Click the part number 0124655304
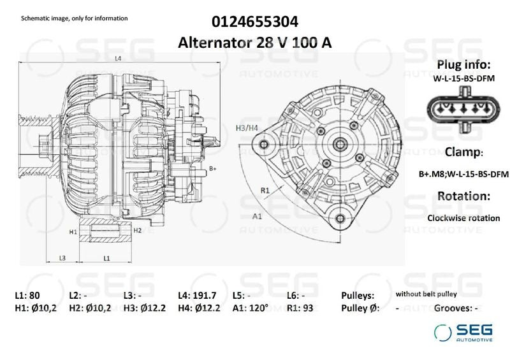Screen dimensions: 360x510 tap(256, 22)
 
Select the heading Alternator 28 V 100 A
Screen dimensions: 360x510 tap(256, 42)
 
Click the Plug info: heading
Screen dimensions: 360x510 tap(463, 65)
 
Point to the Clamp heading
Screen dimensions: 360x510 tap(463, 152)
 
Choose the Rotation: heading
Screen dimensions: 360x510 tap(463, 196)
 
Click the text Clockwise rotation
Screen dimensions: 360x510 tap(463, 218)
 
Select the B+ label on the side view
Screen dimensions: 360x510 tap(214, 168)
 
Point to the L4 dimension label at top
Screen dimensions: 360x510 tap(118, 59)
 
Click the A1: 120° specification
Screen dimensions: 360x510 tap(251, 308)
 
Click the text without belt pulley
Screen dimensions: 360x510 tap(426, 294)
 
